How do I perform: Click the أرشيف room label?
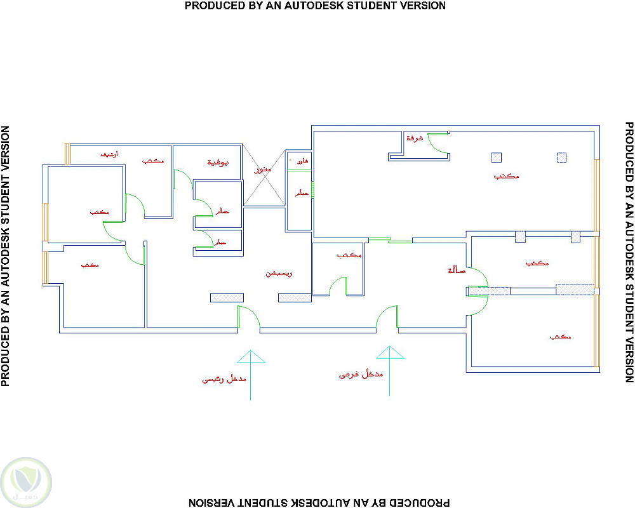[x=109, y=154]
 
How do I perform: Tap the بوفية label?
[x=218, y=163]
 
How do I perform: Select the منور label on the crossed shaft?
[x=263, y=171]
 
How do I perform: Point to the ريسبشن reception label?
[x=278, y=274]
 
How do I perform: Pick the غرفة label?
[x=415, y=138]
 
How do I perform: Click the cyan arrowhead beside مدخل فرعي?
[x=388, y=353]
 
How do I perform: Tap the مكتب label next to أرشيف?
[x=152, y=161]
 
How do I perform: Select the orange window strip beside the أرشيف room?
[x=67, y=154]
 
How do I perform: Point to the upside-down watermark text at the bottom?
[x=318, y=502]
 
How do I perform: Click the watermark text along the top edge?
[x=315, y=6]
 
